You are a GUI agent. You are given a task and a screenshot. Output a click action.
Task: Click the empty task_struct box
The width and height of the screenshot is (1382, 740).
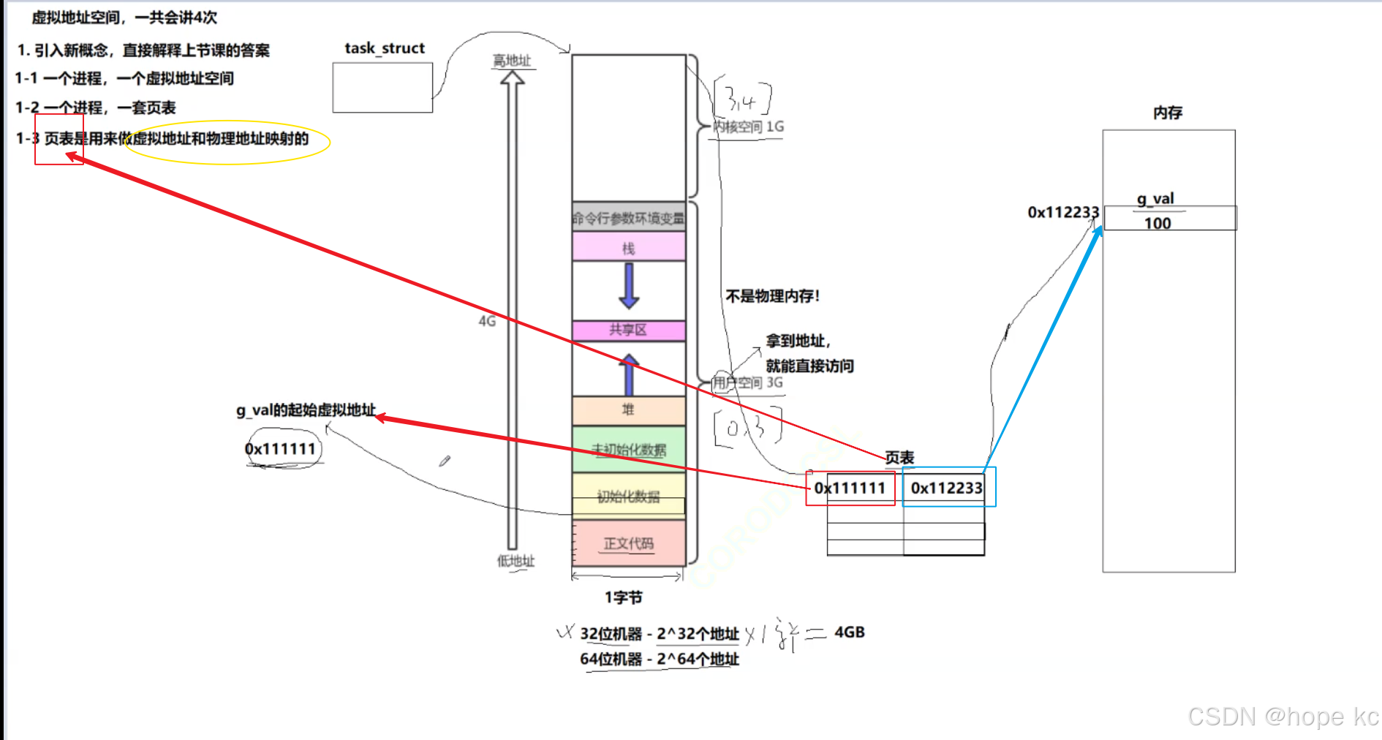[382, 88]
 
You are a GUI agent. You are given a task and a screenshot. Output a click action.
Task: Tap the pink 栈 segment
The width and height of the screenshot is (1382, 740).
[628, 248]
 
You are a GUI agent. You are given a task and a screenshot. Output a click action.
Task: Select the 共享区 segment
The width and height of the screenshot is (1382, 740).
[628, 330]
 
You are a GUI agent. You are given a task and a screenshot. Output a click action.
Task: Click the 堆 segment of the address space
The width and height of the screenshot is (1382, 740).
[628, 410]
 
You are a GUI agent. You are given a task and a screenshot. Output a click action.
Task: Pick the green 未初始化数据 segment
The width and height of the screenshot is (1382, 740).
[628, 450]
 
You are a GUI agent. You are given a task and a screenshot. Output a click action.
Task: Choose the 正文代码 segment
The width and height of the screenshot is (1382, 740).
[628, 543]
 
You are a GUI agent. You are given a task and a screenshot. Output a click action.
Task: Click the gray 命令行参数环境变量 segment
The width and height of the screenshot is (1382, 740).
[628, 218]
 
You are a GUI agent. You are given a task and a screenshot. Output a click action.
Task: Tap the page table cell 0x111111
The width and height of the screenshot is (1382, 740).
[850, 488]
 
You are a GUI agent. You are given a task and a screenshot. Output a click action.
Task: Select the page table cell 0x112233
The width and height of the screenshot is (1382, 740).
[947, 488]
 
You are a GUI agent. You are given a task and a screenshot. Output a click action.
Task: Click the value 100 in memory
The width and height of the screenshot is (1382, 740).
[1158, 223]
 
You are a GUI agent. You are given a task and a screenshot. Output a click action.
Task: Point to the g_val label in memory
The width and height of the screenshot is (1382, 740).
[1155, 199]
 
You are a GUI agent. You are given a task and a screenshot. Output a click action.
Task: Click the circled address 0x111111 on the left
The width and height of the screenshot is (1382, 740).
[281, 449]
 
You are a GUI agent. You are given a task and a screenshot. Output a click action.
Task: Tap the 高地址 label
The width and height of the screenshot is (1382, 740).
[512, 61]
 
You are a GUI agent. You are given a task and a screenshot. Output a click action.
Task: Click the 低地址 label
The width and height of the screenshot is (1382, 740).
[516, 561]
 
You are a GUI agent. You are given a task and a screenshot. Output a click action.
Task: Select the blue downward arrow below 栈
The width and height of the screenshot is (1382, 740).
[629, 286]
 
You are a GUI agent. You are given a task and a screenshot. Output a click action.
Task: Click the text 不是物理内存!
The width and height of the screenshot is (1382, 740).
[772, 296]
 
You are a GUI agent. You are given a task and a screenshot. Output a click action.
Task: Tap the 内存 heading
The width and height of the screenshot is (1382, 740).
[1168, 113]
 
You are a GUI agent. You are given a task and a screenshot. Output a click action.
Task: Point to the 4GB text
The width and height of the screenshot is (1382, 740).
[850, 632]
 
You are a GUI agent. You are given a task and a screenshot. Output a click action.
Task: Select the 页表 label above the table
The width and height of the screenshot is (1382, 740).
[899, 458]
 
